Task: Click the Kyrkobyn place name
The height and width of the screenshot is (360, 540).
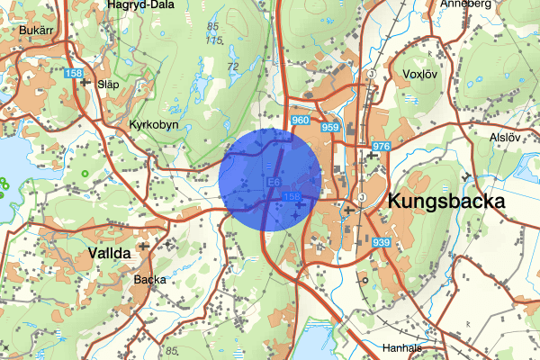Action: tap(155, 124)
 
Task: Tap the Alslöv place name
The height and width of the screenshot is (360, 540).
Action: tap(505, 138)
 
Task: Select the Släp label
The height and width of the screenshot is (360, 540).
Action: tap(107, 83)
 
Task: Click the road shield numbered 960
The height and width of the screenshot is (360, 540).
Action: tap(301, 121)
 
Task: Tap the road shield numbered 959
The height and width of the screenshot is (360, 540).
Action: tap(330, 129)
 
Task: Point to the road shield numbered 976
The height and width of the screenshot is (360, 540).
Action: tap(380, 147)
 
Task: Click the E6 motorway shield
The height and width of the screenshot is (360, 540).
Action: tap(274, 182)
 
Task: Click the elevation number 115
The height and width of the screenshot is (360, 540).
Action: tap(213, 40)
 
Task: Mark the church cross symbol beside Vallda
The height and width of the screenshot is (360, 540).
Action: tap(142, 245)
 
